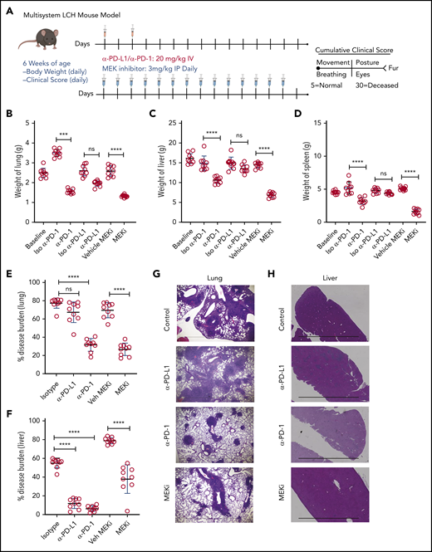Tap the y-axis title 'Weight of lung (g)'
click(x=15, y=157)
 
